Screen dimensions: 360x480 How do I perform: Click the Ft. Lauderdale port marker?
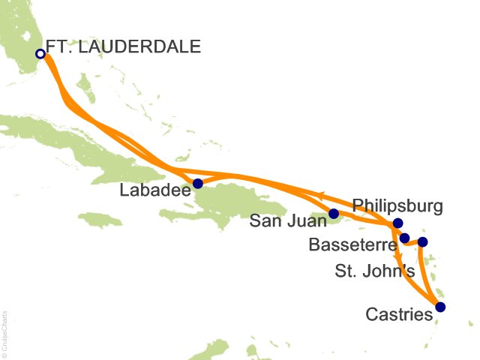click(x=40, y=53)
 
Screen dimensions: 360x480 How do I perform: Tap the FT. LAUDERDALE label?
click(x=124, y=46)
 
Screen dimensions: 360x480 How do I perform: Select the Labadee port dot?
click(x=198, y=183)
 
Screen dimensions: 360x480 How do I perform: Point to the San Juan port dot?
click(x=334, y=213)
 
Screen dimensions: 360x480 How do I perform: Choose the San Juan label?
click(x=287, y=221)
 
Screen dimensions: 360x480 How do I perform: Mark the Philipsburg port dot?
click(x=397, y=223)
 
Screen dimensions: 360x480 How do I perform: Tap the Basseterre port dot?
click(x=405, y=238)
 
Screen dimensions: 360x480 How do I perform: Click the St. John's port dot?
click(x=422, y=241)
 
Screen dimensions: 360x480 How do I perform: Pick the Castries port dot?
click(x=439, y=307)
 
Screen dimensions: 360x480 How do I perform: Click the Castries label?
click(x=399, y=315)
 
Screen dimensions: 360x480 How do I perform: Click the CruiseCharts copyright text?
click(x=5, y=334)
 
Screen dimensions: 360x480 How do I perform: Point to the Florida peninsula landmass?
click(x=22, y=37)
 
